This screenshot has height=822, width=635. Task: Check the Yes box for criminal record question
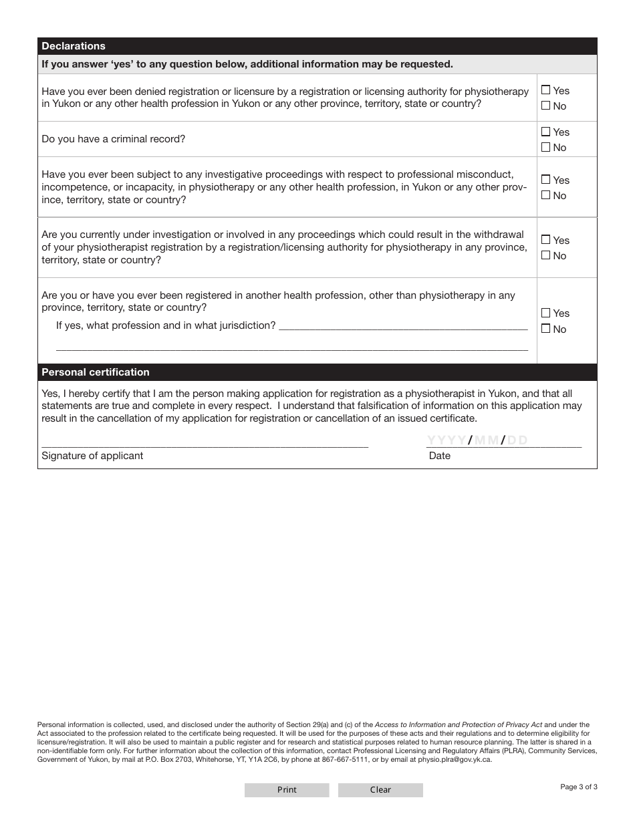(x=546, y=132)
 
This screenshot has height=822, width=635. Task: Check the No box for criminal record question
(x=546, y=147)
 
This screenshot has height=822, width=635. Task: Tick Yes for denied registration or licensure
(x=546, y=90)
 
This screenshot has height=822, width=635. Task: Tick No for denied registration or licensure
(x=546, y=106)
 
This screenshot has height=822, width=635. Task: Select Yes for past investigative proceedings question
(x=546, y=180)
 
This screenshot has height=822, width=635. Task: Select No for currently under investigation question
(x=546, y=255)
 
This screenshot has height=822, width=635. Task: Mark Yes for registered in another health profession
(x=546, y=313)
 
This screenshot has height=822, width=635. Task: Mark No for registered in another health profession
(x=546, y=329)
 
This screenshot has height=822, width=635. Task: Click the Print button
(x=287, y=790)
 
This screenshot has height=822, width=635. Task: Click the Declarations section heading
(x=74, y=46)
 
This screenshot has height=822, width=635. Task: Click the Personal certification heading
(x=96, y=372)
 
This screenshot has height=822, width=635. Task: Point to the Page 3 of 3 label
(x=579, y=787)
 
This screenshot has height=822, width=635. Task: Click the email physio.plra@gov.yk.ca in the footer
(x=455, y=759)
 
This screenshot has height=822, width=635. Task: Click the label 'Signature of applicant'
(x=92, y=456)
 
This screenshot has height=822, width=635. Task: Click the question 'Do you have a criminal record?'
(x=114, y=139)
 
